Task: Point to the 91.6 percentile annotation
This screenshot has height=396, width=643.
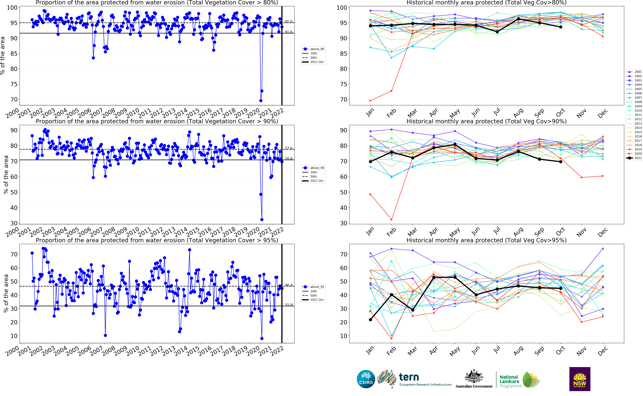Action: pyautogui.click(x=288, y=32)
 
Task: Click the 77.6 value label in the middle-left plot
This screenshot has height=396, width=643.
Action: pyautogui.click(x=288, y=148)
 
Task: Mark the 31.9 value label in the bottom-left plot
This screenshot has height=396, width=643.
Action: pyautogui.click(x=288, y=305)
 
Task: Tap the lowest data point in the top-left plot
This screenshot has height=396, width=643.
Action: pyautogui.click(x=261, y=101)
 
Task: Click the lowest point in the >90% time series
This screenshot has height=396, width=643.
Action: pyautogui.click(x=262, y=219)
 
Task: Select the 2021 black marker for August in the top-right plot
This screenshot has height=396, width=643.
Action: pyautogui.click(x=518, y=19)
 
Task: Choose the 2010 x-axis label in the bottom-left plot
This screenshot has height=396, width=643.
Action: pyautogui.click(x=132, y=351)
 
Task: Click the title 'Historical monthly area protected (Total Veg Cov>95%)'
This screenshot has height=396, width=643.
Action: pyautogui.click(x=486, y=240)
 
